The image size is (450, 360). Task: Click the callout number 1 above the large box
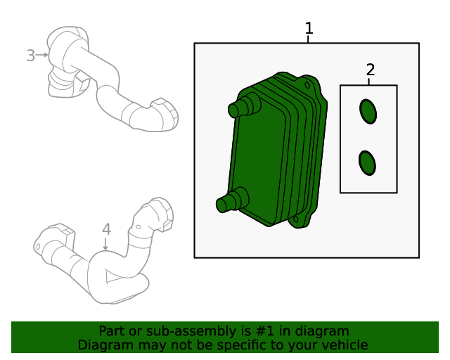coord(309,28)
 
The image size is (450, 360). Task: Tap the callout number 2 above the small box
coord(371,70)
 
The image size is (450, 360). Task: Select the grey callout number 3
coord(31,56)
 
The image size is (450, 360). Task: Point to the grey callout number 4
coord(106,229)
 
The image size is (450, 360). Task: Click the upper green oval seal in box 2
coord(368,112)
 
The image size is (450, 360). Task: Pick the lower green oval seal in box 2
coord(367,163)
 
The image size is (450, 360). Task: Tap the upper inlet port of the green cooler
coord(244,105)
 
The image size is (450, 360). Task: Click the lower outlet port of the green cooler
coord(232,200)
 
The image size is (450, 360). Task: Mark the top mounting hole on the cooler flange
coord(307,85)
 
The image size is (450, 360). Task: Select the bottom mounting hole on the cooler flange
coord(296,220)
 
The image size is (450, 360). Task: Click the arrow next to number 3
coord(42,55)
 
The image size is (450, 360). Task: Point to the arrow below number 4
coord(105,244)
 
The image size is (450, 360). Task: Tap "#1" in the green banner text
coord(264,331)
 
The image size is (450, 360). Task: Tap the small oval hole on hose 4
coord(139,227)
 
